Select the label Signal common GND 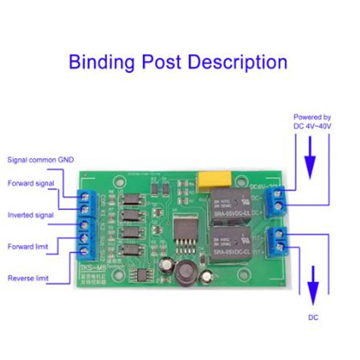point(40,160)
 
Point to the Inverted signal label point(31,215)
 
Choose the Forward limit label point(28,247)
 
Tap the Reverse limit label point(28,278)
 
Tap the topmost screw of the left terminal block point(84,195)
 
